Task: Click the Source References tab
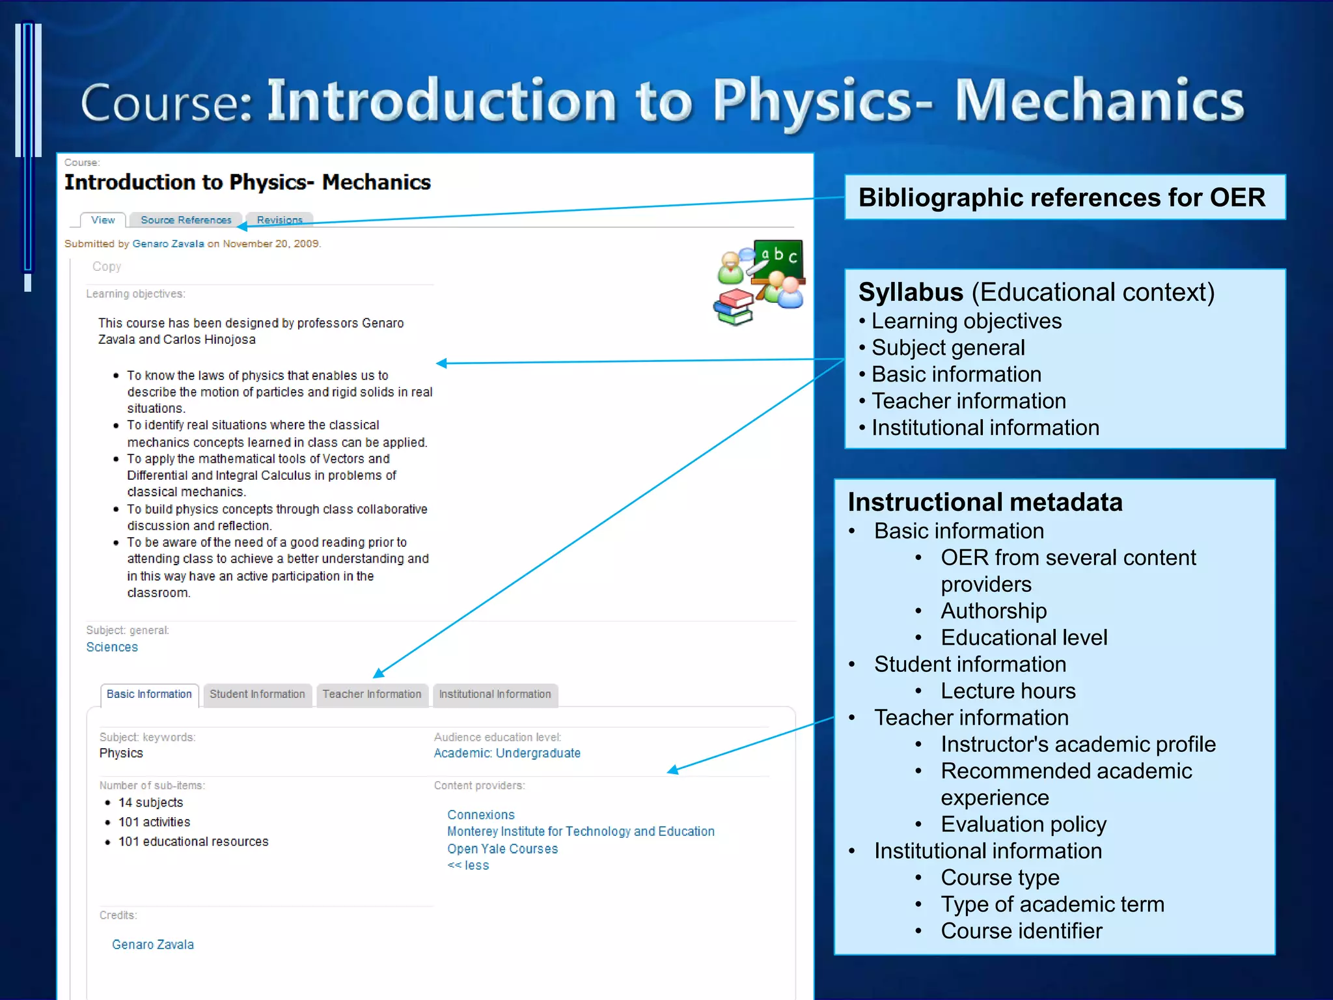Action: click(x=186, y=220)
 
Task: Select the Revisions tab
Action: click(x=279, y=220)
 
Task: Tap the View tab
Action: click(x=103, y=220)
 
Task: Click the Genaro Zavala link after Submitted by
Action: click(x=168, y=243)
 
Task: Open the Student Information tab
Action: click(x=257, y=694)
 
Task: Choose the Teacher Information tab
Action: click(x=372, y=694)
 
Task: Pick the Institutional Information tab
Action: click(x=495, y=694)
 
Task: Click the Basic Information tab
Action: click(x=149, y=694)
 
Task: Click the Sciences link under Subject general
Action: click(x=112, y=647)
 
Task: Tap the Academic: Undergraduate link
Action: click(x=507, y=753)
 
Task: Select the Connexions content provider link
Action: click(x=480, y=814)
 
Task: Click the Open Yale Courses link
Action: click(x=502, y=849)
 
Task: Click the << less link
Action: click(x=468, y=865)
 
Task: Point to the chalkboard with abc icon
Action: click(x=779, y=258)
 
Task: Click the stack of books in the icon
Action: click(x=734, y=308)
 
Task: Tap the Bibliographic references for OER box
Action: click(x=1064, y=197)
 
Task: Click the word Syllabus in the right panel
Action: click(x=910, y=292)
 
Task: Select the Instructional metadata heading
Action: click(x=985, y=503)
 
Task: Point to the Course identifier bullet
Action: click(x=1021, y=931)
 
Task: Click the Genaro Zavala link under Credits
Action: click(x=152, y=945)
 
